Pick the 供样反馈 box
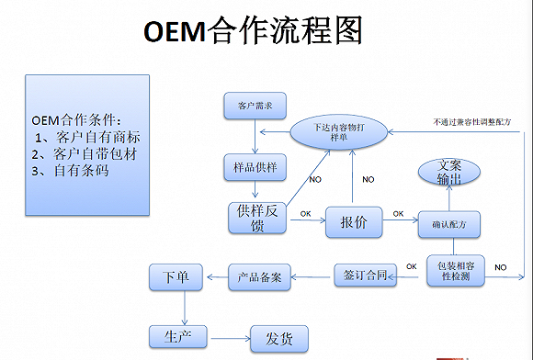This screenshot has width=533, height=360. pos(256,218)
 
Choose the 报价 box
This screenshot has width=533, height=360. pos(353,221)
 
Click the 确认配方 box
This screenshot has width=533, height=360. pos(449,223)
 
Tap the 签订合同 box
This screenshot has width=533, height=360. pos(365,273)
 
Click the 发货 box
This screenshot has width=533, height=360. pos(279,339)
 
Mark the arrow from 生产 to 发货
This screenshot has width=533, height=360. pos(229,337)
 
